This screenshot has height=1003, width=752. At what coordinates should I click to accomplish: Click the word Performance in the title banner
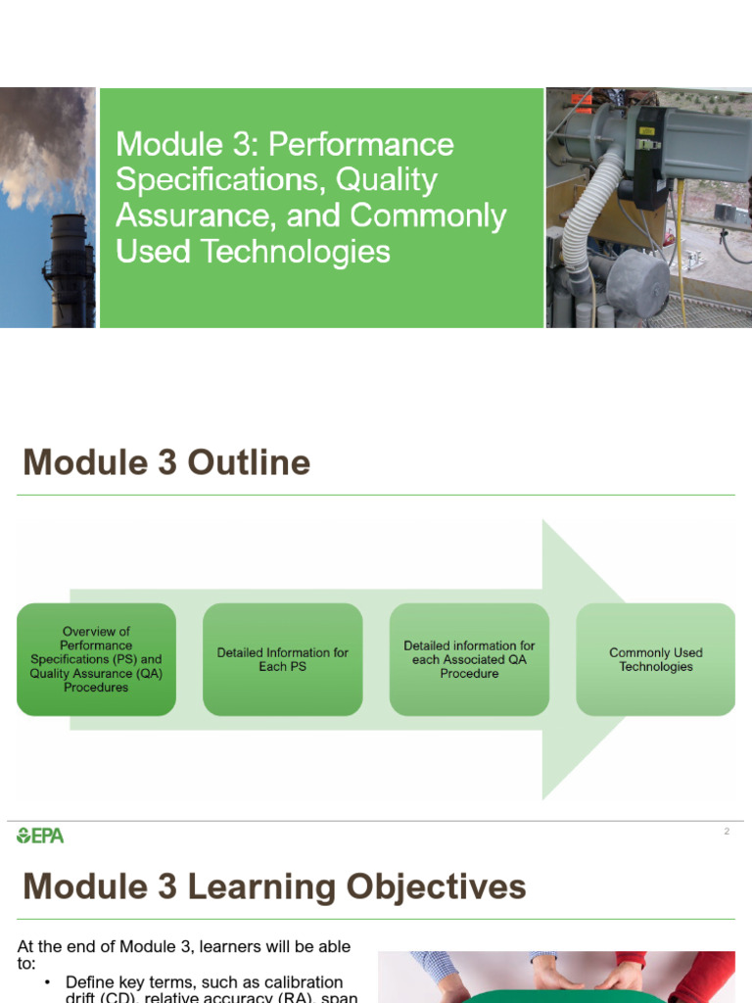[360, 145]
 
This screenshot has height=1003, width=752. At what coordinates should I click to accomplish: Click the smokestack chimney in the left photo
[70, 269]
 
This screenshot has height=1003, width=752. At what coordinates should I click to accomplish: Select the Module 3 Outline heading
[166, 462]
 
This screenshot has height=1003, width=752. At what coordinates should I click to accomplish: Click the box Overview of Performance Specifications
[96, 659]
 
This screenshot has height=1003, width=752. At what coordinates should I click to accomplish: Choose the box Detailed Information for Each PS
[282, 659]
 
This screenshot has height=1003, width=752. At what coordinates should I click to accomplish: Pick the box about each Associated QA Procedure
[469, 659]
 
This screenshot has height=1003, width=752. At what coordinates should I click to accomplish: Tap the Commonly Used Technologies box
[655, 659]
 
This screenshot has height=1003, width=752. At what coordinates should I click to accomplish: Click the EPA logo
[40, 836]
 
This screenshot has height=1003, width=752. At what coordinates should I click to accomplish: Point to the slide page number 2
[727, 832]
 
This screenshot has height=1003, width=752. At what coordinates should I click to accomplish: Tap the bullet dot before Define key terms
[48, 982]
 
